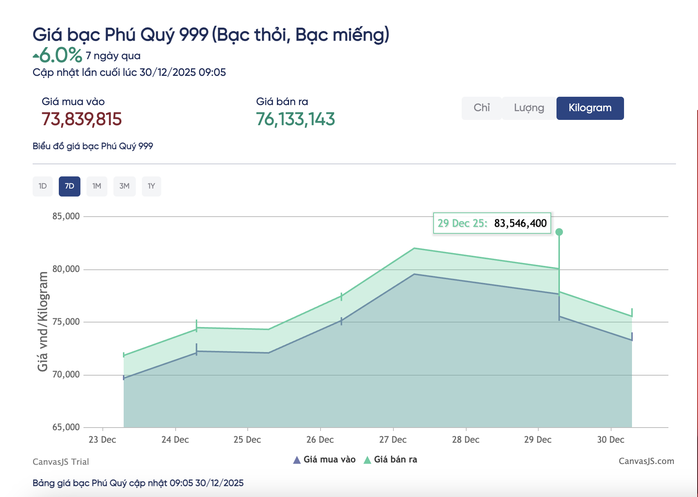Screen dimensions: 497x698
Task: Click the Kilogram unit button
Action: pos(590,108)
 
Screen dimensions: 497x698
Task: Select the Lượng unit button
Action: pos(529,108)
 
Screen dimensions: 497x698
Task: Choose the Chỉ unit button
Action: pos(482,108)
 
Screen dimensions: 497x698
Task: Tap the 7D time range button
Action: pos(69,186)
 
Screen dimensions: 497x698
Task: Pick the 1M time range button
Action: pos(96,186)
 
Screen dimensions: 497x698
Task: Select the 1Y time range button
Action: pos(150,186)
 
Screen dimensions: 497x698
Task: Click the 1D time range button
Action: pos(42,186)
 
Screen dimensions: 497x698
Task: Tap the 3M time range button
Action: pos(123,186)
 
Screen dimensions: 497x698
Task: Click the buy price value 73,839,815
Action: pos(82,120)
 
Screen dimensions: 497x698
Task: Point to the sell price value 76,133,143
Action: pos(295,120)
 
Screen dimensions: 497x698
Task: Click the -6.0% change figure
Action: pos(60,56)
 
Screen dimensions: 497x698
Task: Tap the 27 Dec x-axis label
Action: pos(392,440)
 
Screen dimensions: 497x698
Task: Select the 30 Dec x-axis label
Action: pos(609,440)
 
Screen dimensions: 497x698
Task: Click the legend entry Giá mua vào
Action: pos(324,460)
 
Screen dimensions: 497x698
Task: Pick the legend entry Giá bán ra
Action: pos(396,460)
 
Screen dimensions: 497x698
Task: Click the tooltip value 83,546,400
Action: pos(520,223)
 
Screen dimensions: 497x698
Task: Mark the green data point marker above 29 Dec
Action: pos(559,232)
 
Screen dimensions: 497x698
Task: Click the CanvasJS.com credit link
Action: pos(645,460)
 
